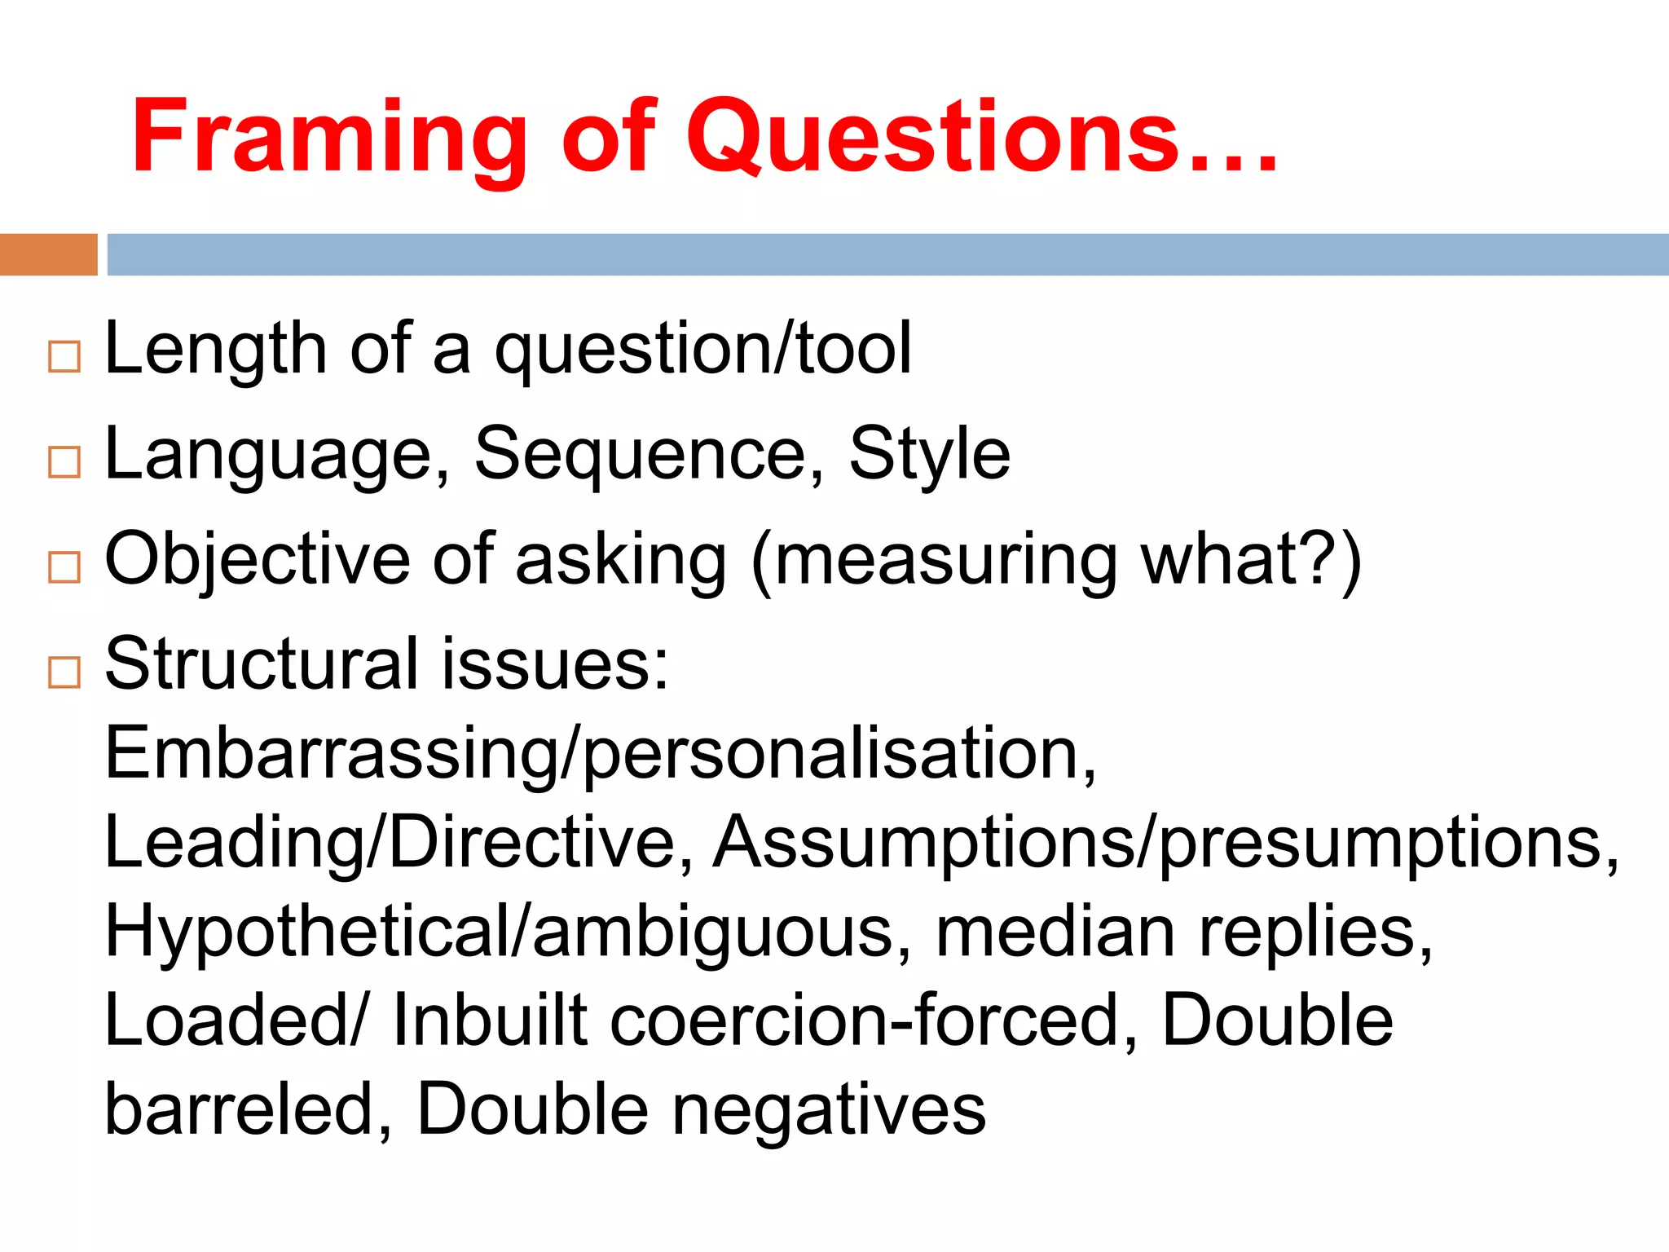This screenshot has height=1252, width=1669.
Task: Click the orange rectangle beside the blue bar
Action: pyautogui.click(x=48, y=254)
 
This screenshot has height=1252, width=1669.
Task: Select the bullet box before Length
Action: pyautogui.click(x=64, y=357)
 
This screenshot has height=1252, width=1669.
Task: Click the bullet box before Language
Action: pyautogui.click(x=64, y=462)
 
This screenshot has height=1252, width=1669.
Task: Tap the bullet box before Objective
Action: pyautogui.click(x=64, y=567)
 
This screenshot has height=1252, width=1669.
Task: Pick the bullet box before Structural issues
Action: pyautogui.click(x=64, y=672)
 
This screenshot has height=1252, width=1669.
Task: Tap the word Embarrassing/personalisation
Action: pyautogui.click(x=599, y=755)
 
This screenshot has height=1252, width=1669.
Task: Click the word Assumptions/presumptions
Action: pyautogui.click(x=1165, y=844)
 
